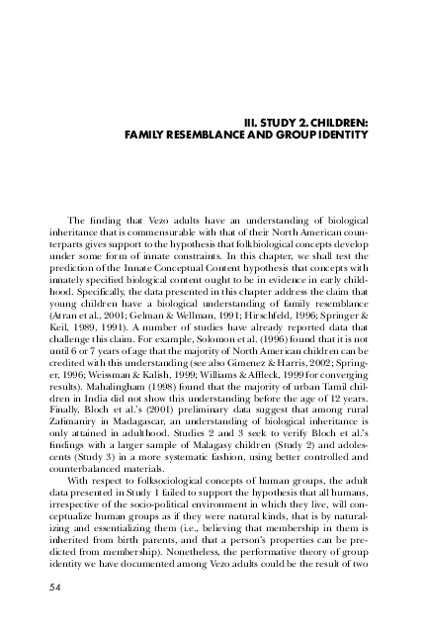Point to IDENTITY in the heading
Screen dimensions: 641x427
[x=342, y=135]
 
